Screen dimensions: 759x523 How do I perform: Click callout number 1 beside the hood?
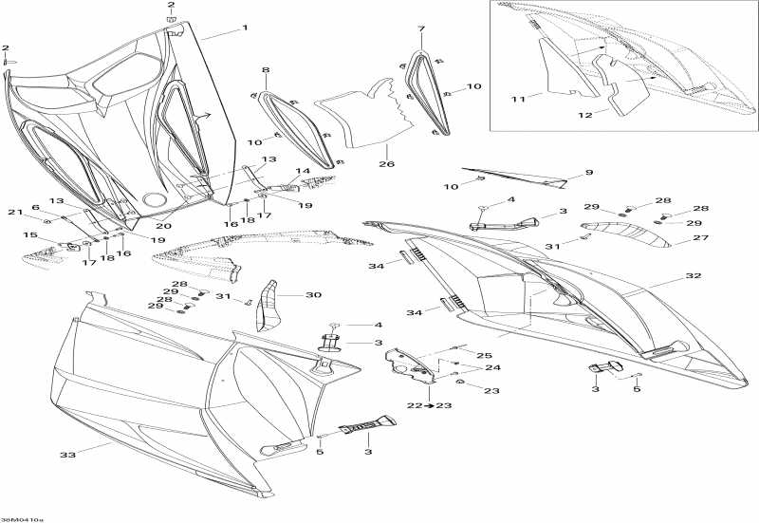(x=245, y=28)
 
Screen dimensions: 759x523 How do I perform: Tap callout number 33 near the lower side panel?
(x=67, y=455)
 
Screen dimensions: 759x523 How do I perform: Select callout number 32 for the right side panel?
(x=694, y=275)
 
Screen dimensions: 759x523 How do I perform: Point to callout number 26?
(x=386, y=163)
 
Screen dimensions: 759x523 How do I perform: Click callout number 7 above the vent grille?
(x=421, y=29)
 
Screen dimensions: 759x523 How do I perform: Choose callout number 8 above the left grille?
(x=266, y=70)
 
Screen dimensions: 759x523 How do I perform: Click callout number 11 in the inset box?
(x=518, y=99)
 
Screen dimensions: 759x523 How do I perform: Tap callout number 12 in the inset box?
(x=585, y=115)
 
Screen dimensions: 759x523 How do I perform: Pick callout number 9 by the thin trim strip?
(x=589, y=173)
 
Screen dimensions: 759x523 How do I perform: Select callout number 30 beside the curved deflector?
(x=313, y=295)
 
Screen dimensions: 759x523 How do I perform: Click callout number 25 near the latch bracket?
(x=485, y=355)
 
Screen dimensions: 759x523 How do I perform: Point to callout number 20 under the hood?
(x=163, y=226)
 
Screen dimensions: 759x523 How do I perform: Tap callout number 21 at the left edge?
(x=15, y=212)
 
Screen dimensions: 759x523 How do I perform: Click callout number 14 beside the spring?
(x=303, y=171)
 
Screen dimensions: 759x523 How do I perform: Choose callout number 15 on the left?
(x=30, y=234)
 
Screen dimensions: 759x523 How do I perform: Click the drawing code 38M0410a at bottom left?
(x=21, y=519)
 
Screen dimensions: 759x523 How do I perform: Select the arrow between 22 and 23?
(x=430, y=405)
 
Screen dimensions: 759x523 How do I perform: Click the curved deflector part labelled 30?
(x=266, y=306)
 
